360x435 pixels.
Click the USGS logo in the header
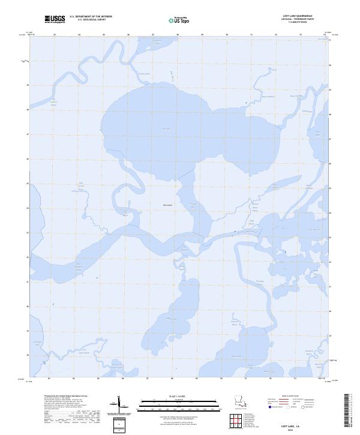coord(55,19)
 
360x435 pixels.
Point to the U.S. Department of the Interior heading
coord(91,17)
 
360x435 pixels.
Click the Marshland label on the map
coord(167,205)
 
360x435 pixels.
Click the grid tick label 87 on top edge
coord(154,35)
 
